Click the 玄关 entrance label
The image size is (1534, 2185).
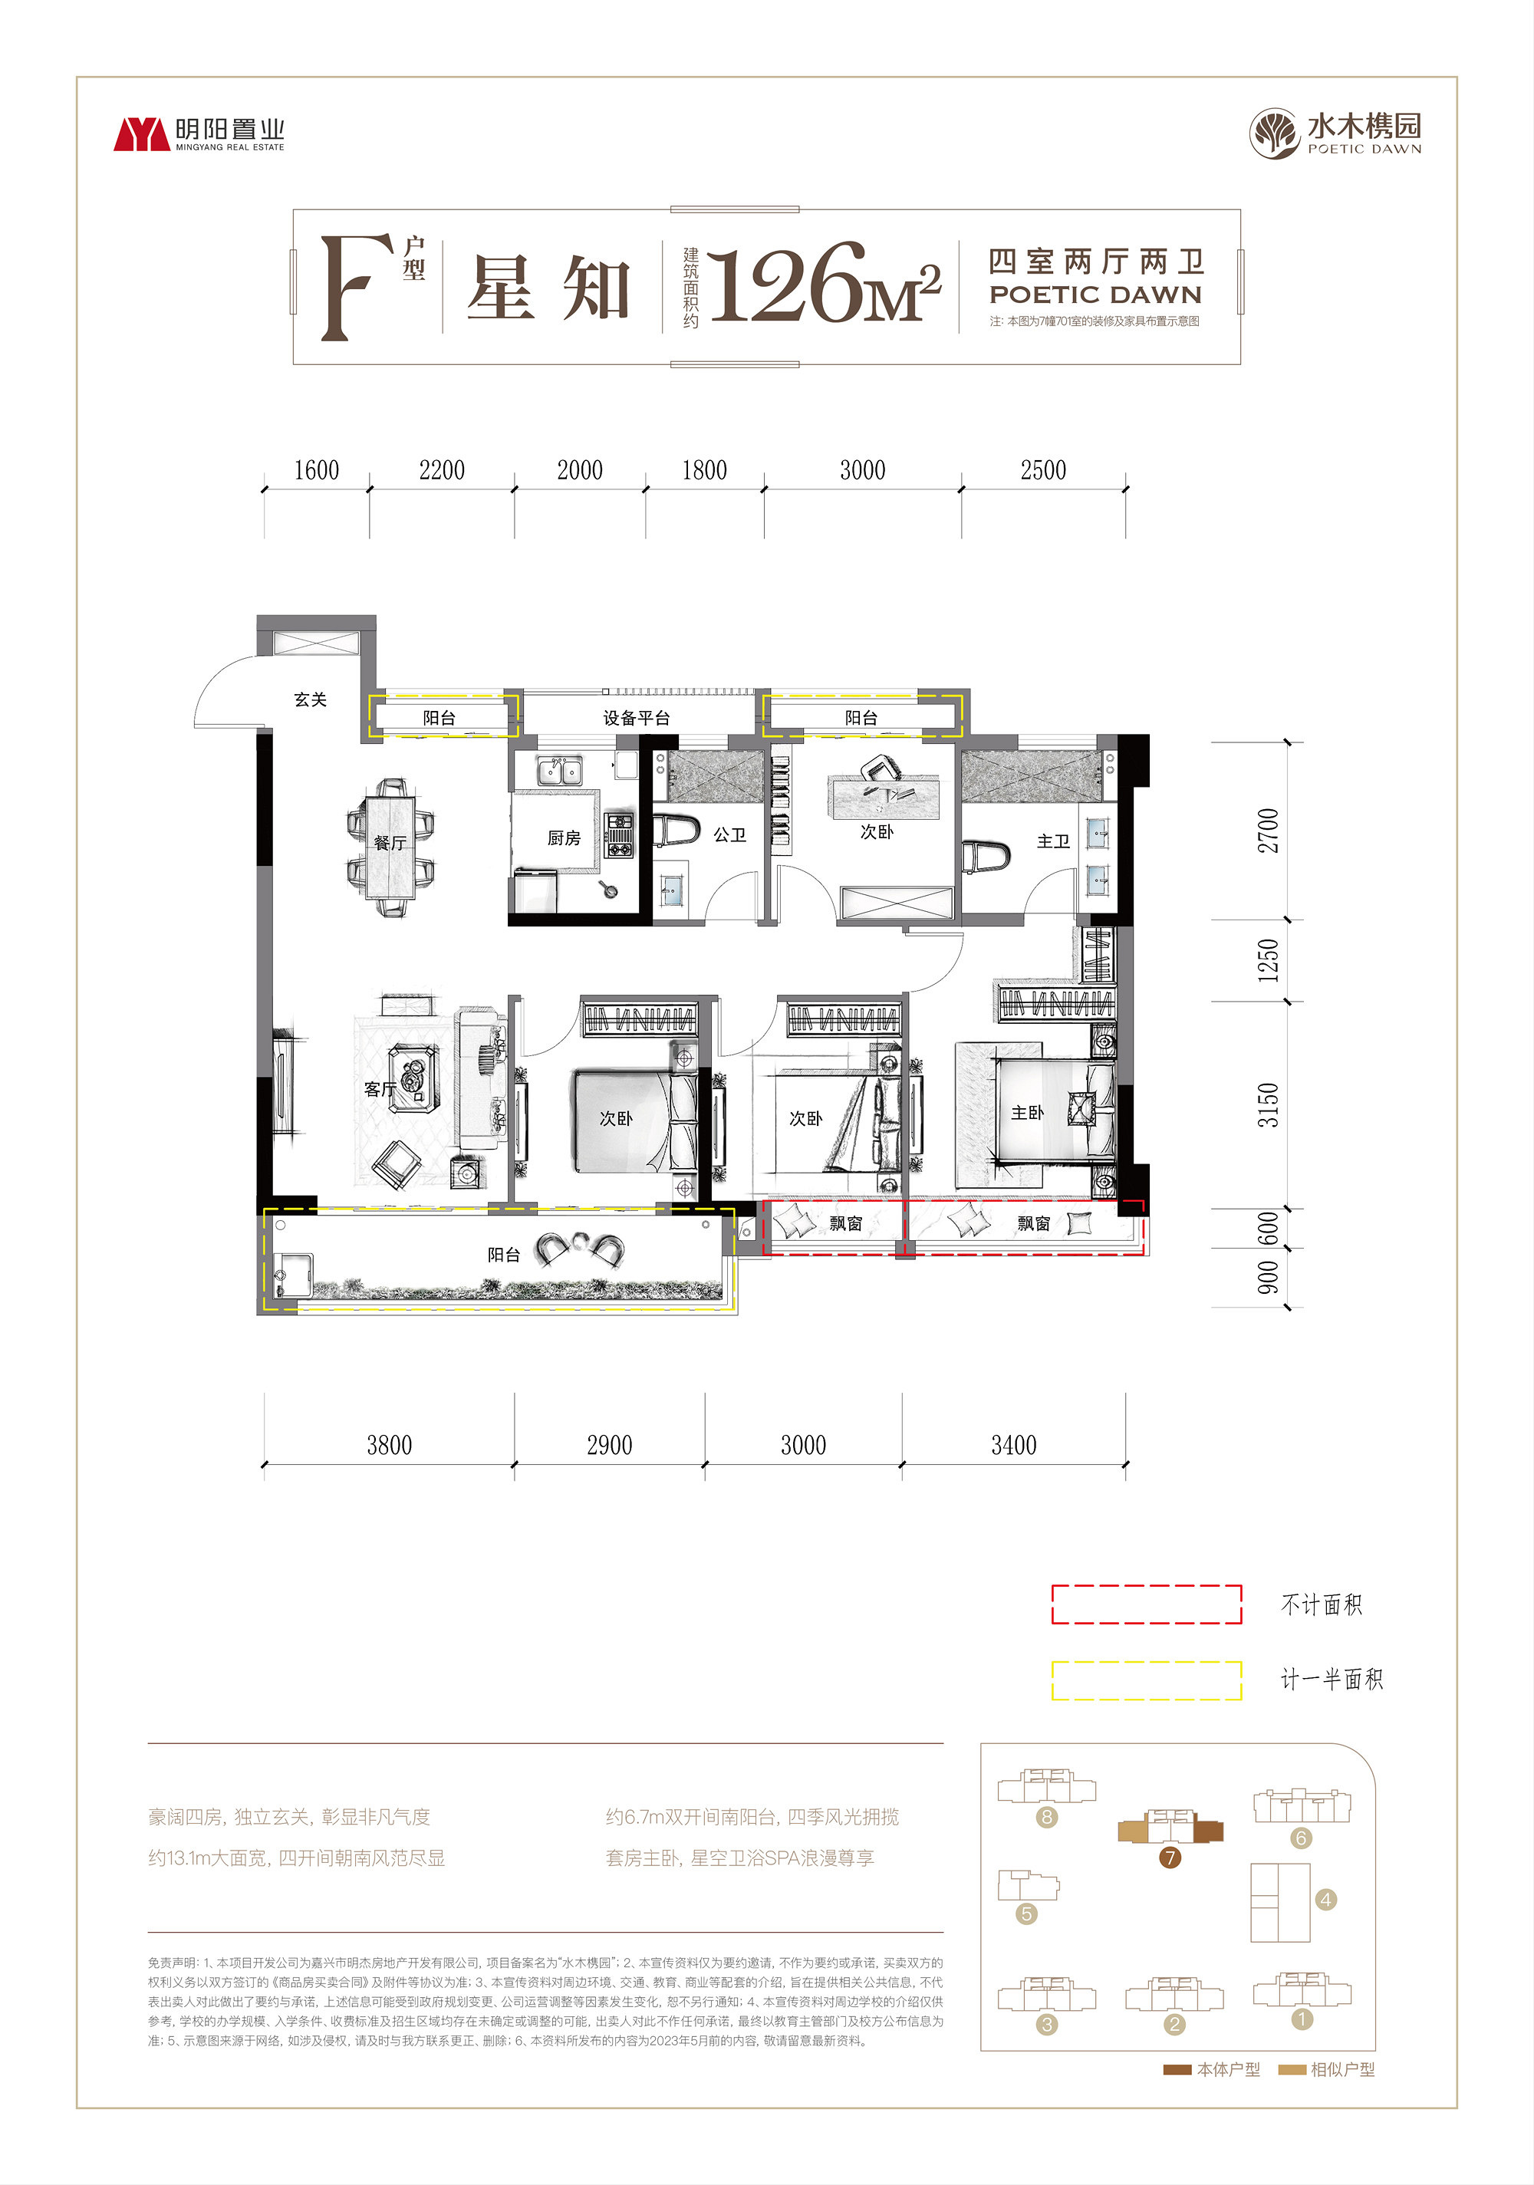pos(310,699)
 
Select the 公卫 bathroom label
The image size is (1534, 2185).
pos(730,834)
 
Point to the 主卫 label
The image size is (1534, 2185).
pos(1053,841)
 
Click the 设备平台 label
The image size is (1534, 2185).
pos(637,718)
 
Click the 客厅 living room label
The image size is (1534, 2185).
pos(380,1089)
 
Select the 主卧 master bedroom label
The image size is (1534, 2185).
pos(1028,1113)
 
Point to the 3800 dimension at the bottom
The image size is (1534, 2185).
pos(389,1446)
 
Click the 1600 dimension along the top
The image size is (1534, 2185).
pos(316,470)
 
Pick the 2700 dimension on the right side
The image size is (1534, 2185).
pos(1269,830)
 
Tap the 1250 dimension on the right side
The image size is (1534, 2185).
pos(1269,960)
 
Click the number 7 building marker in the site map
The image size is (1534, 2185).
pos(1170,1857)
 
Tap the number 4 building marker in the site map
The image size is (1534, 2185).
pos(1325,1900)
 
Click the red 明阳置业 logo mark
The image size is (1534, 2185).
pos(142,135)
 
